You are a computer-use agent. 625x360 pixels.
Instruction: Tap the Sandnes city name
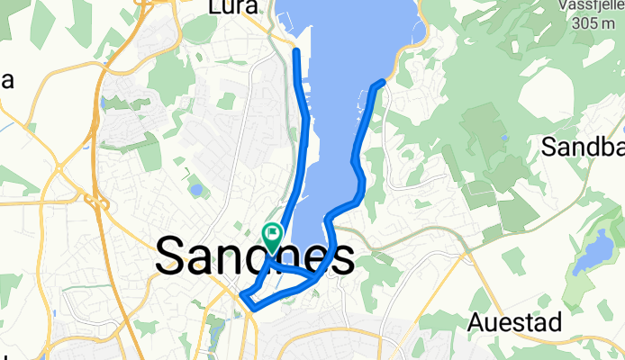click(255, 258)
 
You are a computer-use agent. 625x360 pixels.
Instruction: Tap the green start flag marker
click(272, 237)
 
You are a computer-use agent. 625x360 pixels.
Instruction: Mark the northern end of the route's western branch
click(297, 52)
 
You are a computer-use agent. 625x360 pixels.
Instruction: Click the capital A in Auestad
click(477, 323)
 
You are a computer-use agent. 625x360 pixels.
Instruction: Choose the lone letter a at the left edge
click(6, 80)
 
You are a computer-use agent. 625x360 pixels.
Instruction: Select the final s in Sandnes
click(340, 259)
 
